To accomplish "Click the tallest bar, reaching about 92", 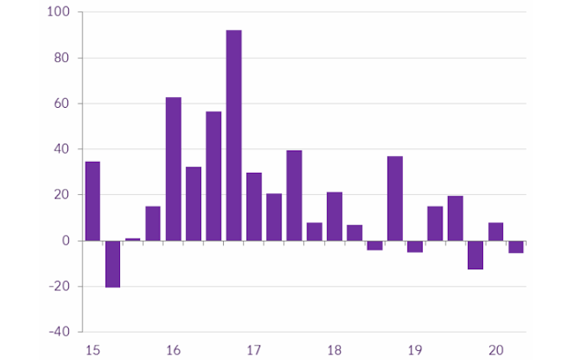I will click(234, 135).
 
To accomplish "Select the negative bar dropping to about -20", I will click(113, 264).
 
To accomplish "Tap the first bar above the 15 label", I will click(92, 201).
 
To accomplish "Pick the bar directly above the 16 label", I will click(174, 169).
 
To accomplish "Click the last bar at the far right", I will click(516, 246).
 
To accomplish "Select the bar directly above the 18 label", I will click(335, 216).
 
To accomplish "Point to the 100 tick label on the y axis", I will click(58, 12).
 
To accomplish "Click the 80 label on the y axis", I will click(61, 58).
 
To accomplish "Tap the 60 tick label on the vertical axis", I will click(61, 104).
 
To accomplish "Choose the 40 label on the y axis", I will click(61, 149).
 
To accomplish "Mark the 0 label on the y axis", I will click(65, 241).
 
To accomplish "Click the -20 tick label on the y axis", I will click(58, 287).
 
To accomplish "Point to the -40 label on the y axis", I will click(58, 332).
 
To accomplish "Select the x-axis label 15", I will click(92, 351).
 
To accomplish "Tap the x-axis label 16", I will click(174, 351).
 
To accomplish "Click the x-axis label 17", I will click(254, 351).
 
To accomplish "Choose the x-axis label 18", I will click(335, 351).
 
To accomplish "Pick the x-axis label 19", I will click(415, 351).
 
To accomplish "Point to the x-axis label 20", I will click(496, 351).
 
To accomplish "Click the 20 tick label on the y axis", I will click(61, 195).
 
